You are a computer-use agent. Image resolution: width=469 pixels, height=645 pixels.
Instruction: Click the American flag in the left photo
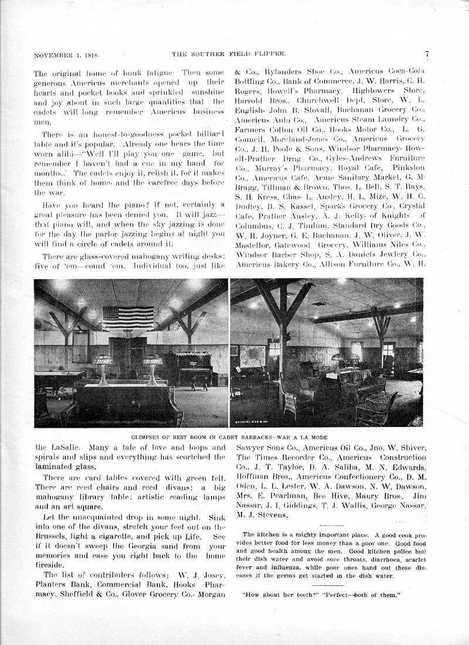128,318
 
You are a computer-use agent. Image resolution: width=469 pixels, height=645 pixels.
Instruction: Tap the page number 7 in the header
427,54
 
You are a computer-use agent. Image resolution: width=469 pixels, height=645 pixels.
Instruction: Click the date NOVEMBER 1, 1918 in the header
66,55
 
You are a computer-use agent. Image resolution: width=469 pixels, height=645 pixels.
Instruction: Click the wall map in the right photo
253,356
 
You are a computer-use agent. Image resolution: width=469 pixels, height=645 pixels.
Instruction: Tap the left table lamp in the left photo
103,368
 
